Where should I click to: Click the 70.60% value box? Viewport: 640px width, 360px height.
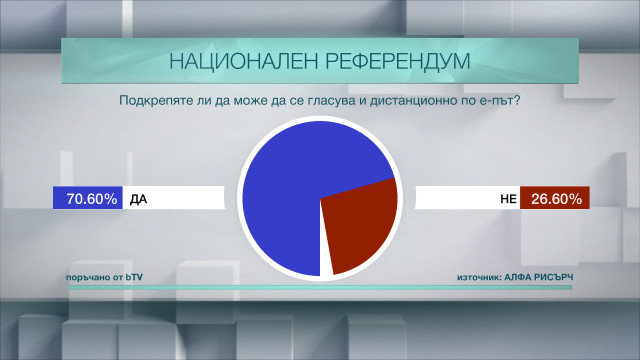click(88, 198)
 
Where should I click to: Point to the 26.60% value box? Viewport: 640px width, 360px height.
click(555, 198)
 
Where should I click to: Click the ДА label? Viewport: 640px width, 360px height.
click(138, 199)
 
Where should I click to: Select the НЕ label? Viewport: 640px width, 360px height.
click(509, 199)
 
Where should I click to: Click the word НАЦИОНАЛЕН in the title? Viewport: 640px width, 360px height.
click(244, 61)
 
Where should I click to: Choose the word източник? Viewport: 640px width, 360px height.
click(479, 278)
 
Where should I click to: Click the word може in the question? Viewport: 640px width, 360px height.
click(250, 101)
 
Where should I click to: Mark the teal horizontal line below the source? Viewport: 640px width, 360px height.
click(320, 287)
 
